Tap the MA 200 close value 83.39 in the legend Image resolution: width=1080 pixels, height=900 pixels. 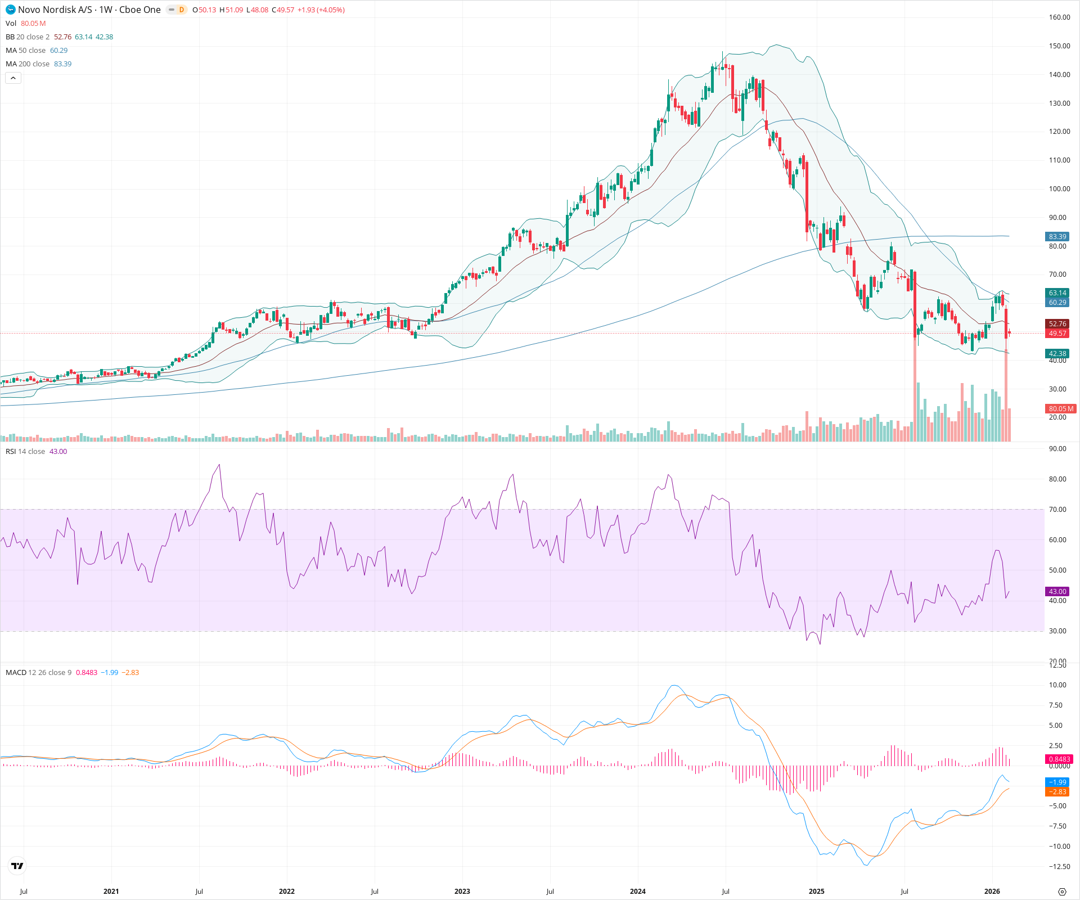[x=62, y=64]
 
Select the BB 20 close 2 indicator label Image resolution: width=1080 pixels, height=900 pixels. [x=28, y=37]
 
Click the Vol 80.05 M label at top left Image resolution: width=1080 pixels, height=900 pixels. [x=25, y=24]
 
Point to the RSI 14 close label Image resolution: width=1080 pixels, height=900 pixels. [x=25, y=452]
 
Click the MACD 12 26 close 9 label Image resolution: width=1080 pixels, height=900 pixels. [x=38, y=673]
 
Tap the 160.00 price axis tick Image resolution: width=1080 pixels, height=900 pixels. [x=1059, y=17]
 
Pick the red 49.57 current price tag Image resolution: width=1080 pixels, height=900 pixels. [x=1057, y=334]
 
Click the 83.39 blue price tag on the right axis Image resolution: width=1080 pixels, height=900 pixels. [x=1057, y=237]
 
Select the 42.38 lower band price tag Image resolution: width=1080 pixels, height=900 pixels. [x=1057, y=354]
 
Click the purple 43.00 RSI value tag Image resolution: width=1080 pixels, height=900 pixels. [x=1057, y=592]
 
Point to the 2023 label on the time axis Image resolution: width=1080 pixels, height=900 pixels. [x=462, y=892]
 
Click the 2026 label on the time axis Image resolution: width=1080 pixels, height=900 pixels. [x=992, y=892]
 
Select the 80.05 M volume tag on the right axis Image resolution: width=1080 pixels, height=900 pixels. [x=1060, y=409]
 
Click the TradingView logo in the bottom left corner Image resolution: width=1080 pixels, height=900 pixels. [x=17, y=866]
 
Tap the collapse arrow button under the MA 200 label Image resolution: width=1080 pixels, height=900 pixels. [x=13, y=78]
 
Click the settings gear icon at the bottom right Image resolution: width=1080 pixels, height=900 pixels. [x=1062, y=892]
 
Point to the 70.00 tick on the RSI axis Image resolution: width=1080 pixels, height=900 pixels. [x=1057, y=510]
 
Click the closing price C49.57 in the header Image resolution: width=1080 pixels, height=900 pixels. [x=283, y=10]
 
